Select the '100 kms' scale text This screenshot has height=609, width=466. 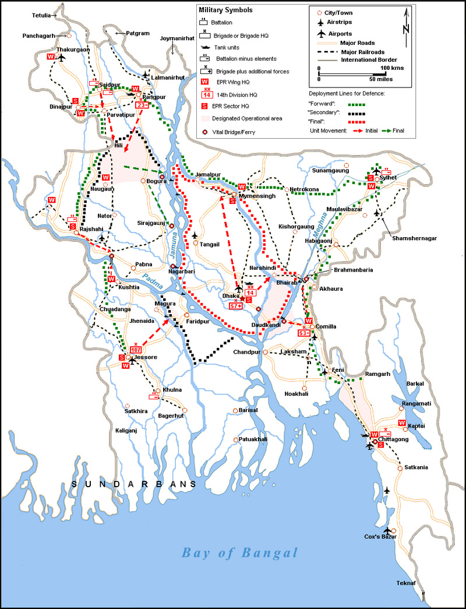pos(393,68)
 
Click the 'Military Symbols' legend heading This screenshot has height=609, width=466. pos(226,10)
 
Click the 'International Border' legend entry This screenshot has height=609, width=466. pos(369,59)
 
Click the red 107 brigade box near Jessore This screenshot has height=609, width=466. pos(137,348)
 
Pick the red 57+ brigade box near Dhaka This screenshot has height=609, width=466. pos(236,306)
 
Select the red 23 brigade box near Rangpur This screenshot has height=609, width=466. pos(142,105)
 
